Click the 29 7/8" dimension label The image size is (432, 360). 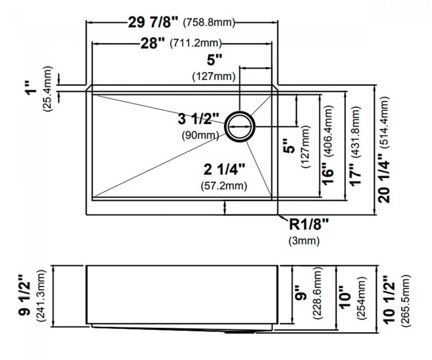pos(153,22)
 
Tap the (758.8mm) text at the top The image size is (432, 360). pos(209,23)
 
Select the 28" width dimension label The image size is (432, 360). pos(153,43)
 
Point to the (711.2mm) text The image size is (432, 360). pos(196,43)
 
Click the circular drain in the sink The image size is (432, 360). pos(240,126)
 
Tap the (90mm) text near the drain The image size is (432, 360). pos(200,135)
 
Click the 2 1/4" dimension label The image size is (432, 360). pos(224,169)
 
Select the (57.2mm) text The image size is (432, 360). pos(224,186)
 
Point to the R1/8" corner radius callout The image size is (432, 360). pos(309,224)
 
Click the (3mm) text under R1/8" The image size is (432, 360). pos(304,241)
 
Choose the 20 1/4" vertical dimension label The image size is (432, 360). pos(384,178)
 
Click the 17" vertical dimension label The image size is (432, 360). pos(356,176)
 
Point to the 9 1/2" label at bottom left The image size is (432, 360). pos(25,296)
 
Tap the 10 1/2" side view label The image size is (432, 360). pos(390,299)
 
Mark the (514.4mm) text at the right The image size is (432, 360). pos(384,122)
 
